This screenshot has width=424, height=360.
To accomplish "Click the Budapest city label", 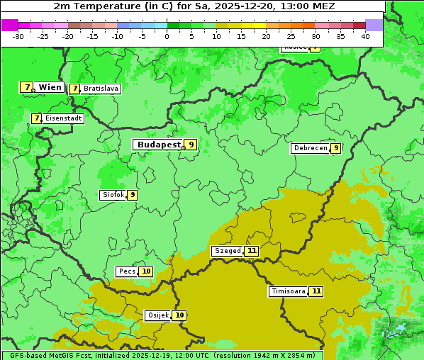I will pos(159,145).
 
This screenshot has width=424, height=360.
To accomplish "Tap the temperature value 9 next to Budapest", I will pos(190,145).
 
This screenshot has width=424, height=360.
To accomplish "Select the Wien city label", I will pos(50,87).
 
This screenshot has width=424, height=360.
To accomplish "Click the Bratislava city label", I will pos(100,89).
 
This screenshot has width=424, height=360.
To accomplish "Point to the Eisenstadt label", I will pos(63,118).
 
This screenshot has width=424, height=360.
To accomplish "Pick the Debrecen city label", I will pos(310,148).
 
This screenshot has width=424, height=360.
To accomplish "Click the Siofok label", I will pos(113,195).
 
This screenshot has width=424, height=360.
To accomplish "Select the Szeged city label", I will pos(228,251).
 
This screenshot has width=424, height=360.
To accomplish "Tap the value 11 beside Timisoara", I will pos(316,291).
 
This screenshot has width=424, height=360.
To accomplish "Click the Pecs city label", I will pos(127,271).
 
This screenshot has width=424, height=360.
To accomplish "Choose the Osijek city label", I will pos(158,315).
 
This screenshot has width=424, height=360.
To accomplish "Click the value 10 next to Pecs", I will pos(146,271).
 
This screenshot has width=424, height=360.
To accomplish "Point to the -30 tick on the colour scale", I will pos(18,35).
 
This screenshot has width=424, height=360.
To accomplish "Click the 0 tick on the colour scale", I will pos(167,35).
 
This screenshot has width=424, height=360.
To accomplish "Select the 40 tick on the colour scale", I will pos(365,35).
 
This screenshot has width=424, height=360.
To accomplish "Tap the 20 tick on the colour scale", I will pos(266,35).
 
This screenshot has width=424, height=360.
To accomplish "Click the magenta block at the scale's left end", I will pos(9,25).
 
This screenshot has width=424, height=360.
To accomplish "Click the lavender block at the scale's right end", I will pos(374,25).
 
